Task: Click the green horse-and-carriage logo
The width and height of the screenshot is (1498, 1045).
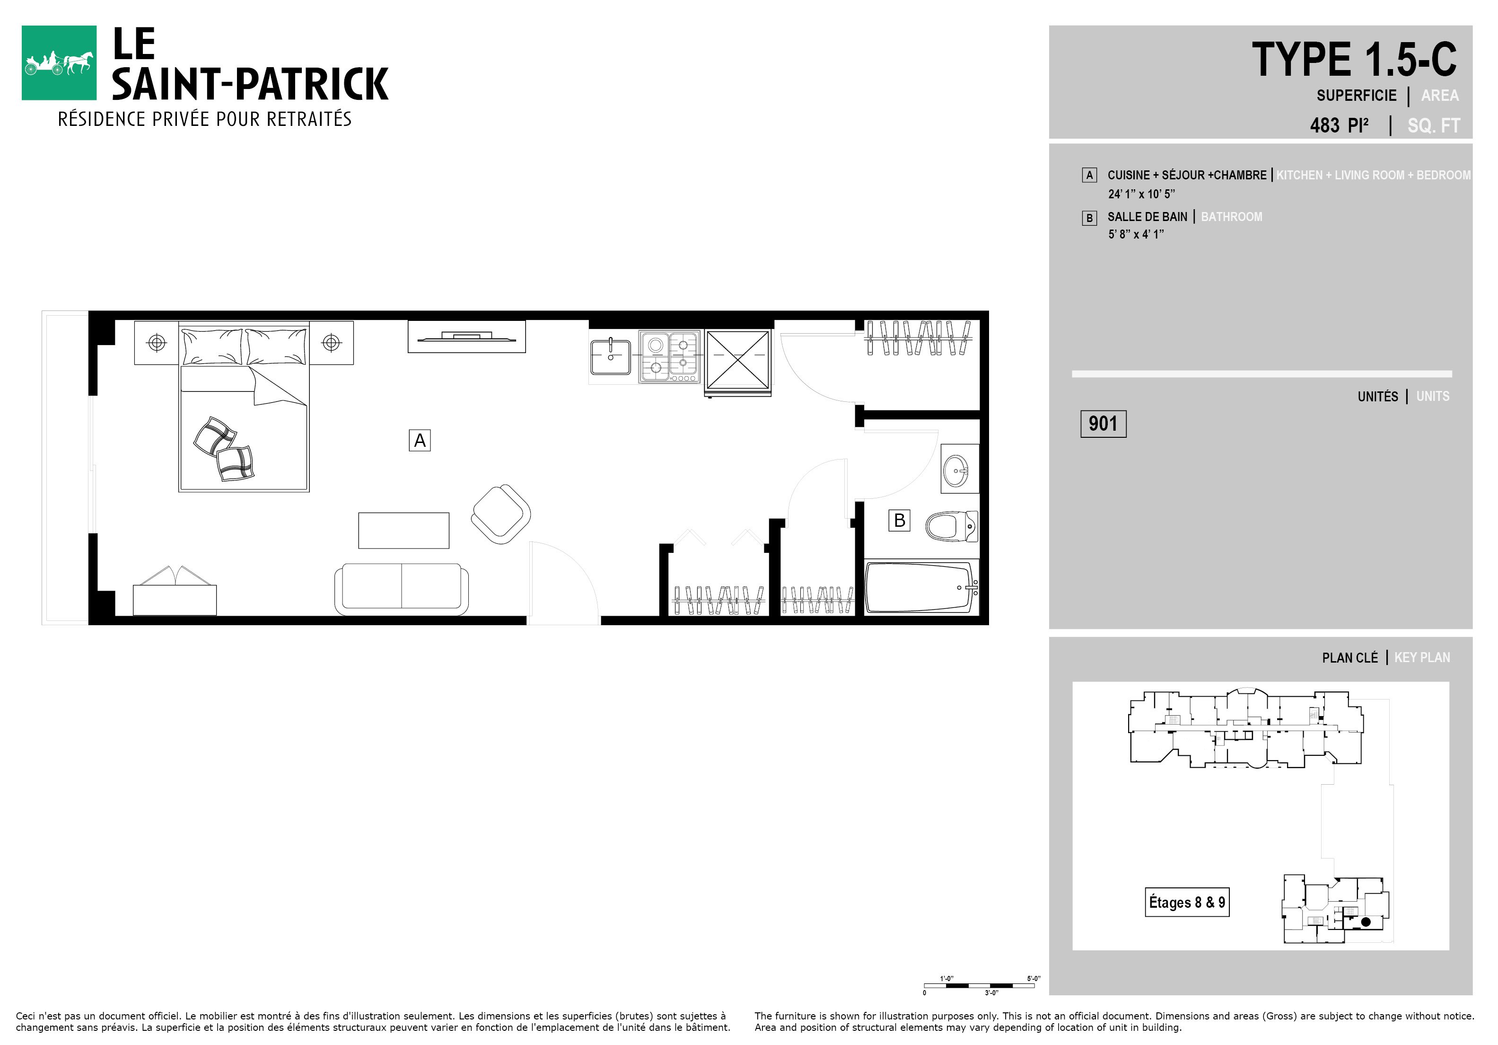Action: [59, 62]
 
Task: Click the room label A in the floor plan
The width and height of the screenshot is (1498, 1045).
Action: [420, 440]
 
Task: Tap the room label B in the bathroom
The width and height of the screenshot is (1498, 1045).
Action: [899, 520]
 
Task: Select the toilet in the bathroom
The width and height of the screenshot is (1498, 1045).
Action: [952, 526]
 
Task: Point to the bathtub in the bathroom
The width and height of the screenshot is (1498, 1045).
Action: [921, 587]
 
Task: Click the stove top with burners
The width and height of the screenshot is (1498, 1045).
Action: [669, 356]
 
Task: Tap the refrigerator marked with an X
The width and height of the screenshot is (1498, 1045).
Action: [738, 361]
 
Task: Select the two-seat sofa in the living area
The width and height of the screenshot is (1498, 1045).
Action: [401, 589]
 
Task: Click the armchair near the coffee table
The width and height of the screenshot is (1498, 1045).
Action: [500, 514]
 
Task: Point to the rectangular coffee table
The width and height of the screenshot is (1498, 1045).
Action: [404, 531]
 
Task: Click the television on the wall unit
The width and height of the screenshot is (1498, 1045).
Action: [466, 337]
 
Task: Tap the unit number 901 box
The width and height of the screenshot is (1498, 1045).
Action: [1103, 424]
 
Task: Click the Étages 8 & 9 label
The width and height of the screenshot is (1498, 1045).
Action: [1187, 902]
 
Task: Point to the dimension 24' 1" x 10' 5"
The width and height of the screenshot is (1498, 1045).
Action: [1141, 194]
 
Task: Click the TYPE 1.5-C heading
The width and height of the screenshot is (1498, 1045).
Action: [1354, 60]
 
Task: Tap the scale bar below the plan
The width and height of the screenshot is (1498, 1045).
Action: [979, 985]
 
